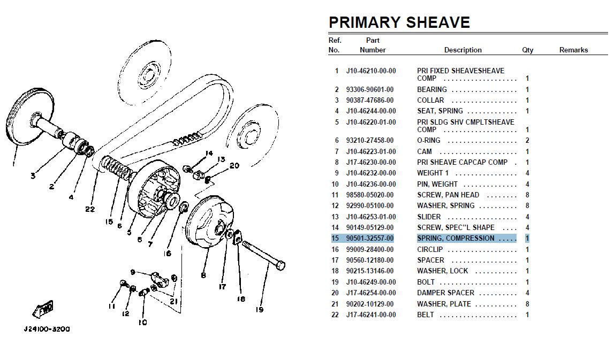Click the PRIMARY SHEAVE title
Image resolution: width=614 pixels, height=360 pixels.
click(x=399, y=22)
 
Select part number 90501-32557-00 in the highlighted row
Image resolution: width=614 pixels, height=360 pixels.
click(x=370, y=238)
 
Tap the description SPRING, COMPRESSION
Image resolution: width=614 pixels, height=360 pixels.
click(x=456, y=238)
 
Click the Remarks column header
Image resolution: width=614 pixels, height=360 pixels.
click(x=573, y=50)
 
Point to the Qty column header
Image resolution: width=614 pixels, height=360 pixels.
click(x=527, y=50)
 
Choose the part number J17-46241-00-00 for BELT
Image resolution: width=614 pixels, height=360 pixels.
click(x=371, y=315)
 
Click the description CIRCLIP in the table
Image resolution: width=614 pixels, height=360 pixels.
click(x=430, y=249)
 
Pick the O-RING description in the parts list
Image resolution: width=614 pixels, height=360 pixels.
click(x=428, y=141)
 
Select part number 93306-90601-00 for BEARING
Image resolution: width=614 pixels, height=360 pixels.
click(x=370, y=90)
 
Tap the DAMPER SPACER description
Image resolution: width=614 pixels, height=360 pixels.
click(x=445, y=293)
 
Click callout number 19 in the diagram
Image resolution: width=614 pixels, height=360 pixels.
click(x=259, y=310)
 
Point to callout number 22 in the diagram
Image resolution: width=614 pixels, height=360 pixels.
click(x=90, y=209)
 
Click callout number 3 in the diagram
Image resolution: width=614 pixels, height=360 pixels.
click(x=33, y=175)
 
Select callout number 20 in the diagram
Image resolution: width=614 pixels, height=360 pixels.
click(x=234, y=165)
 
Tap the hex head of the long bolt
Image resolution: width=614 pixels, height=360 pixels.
click(x=281, y=265)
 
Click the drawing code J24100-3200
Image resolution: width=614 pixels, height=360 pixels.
click(x=47, y=330)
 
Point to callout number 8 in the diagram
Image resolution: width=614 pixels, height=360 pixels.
click(x=203, y=275)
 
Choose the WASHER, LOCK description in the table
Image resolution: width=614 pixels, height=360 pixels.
click(x=443, y=271)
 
